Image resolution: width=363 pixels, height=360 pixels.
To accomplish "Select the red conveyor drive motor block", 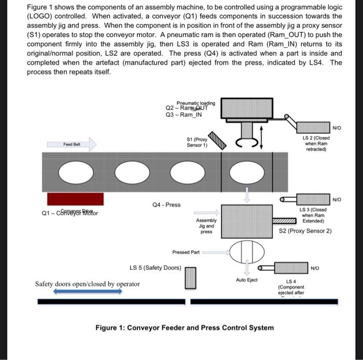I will (75, 199).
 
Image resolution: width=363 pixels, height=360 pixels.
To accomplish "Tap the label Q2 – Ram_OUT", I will (186, 108).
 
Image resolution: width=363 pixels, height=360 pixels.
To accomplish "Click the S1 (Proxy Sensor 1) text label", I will (197, 142).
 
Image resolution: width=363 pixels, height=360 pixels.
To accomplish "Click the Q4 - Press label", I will (166, 205).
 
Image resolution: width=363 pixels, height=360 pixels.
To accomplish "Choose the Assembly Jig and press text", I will (206, 226).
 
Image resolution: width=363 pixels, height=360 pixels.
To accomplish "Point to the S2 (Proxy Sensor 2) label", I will (305, 231).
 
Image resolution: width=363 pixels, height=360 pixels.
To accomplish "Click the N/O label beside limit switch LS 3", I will (337, 199).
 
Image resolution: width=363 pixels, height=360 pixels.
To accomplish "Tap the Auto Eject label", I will (246, 280).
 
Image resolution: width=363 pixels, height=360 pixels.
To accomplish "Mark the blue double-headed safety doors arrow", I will (88, 292).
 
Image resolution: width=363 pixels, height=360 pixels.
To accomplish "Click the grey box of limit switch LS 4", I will (291, 268).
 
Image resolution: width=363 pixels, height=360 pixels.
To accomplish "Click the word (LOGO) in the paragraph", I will (41, 17).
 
